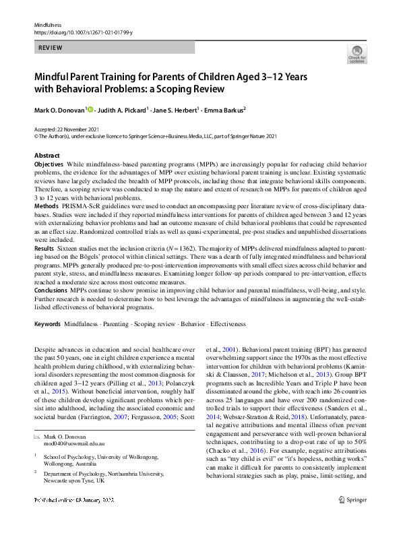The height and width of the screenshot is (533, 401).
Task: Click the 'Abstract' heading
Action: (x=47, y=156)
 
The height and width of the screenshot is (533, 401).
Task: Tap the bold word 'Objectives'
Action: (x=49, y=164)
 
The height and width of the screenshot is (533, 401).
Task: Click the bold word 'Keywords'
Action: (x=47, y=323)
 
